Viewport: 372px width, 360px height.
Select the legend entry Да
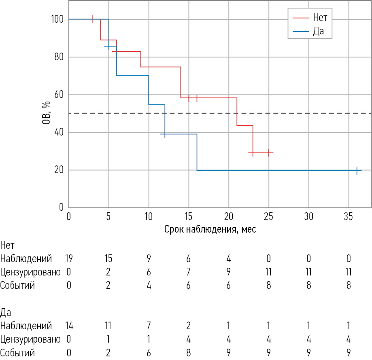(318, 31)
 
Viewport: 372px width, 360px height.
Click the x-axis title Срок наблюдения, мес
(210, 229)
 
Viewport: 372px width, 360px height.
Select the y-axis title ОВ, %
(47, 113)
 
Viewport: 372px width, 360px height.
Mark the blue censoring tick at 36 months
(357, 171)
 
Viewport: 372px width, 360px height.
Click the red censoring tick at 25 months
(268, 153)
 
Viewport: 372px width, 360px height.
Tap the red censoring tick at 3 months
(93, 19)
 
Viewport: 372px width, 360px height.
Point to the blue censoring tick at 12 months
(165, 134)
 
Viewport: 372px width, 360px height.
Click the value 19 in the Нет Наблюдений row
(69, 258)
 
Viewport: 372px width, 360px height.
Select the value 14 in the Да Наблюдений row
(69, 326)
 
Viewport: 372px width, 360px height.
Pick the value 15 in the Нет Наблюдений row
(108, 258)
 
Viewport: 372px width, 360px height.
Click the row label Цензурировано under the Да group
(30, 339)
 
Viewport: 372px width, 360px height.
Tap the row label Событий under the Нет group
(17, 285)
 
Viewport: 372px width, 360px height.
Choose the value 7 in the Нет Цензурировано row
(189, 272)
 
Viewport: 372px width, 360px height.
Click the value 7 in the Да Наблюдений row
(149, 326)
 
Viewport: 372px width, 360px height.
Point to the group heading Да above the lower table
(6, 312)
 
